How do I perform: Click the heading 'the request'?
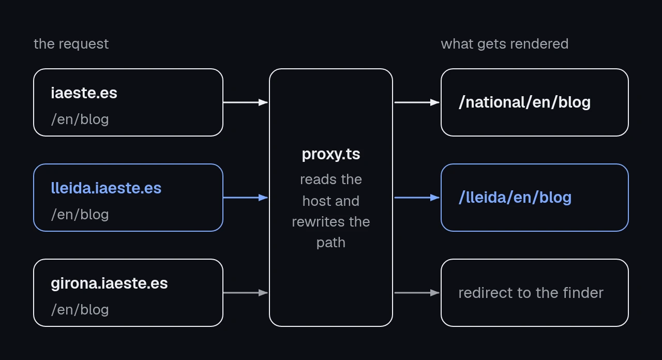(x=71, y=44)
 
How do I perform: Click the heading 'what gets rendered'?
(x=504, y=44)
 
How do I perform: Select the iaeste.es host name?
(x=84, y=93)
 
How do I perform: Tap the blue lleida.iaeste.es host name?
(x=106, y=188)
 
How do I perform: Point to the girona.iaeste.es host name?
(x=109, y=283)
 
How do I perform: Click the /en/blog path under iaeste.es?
(x=80, y=119)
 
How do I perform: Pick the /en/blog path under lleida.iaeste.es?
(x=80, y=215)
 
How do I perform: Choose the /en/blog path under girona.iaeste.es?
(x=80, y=310)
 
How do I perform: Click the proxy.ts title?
(x=331, y=154)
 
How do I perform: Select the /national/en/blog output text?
(x=524, y=102)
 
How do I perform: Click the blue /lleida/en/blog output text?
(x=515, y=198)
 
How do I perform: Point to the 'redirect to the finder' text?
(x=531, y=293)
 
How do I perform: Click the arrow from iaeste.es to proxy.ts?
(x=246, y=102)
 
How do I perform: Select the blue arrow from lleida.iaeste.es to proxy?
(x=246, y=198)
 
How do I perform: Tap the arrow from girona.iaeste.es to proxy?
(x=246, y=293)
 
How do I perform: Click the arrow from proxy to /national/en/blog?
(x=417, y=102)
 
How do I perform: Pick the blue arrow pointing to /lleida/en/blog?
(x=417, y=198)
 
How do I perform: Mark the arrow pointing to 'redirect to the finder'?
(x=417, y=293)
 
